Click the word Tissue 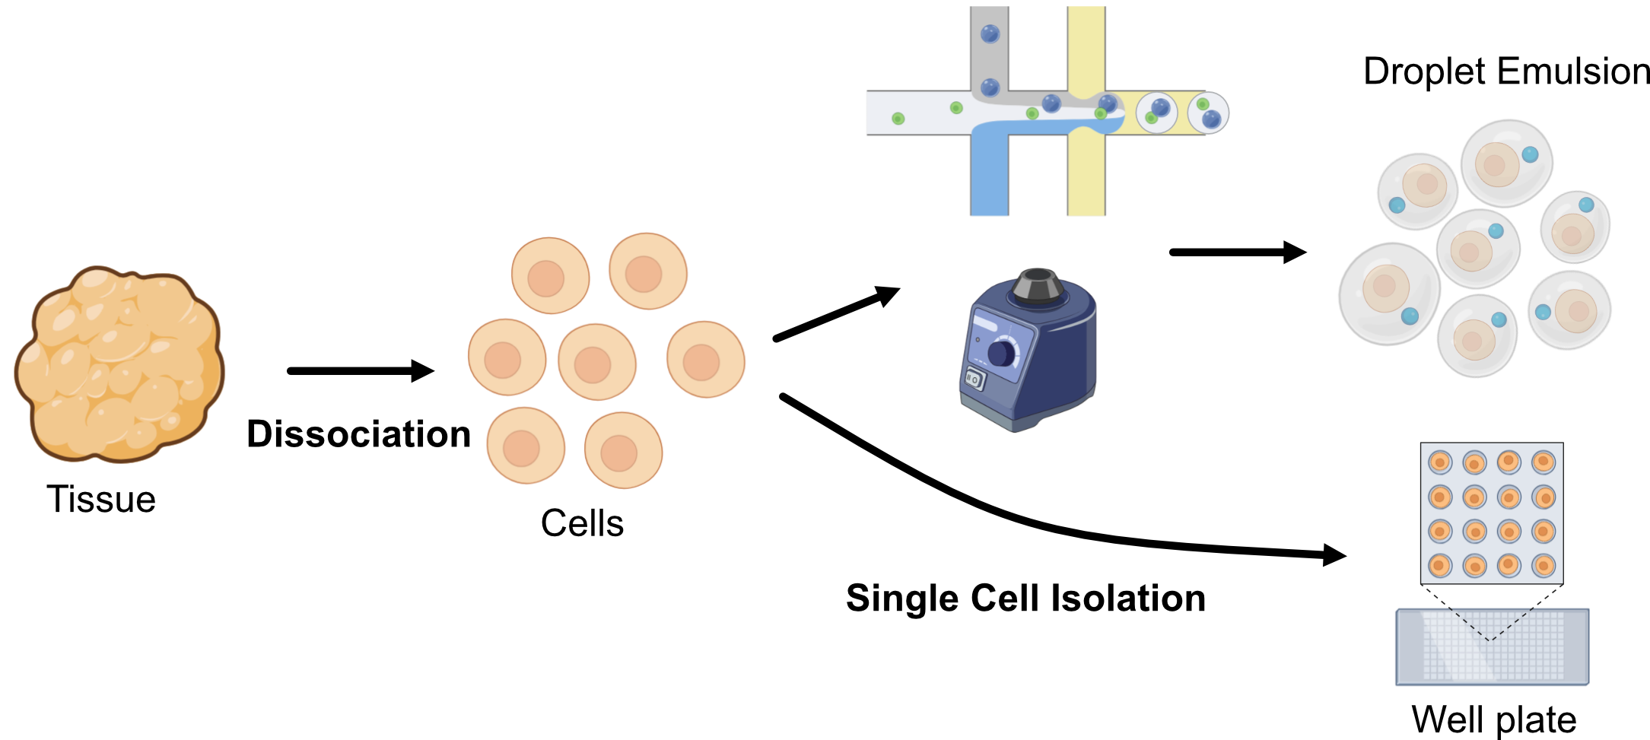101,500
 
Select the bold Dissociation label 358,434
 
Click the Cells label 582,523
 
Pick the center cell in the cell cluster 596,362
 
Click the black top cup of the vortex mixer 1038,284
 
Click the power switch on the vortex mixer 974,378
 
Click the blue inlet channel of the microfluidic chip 989,175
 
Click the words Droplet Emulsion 1505,71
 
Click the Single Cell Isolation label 1025,598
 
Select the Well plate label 1493,719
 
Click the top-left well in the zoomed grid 1440,462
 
